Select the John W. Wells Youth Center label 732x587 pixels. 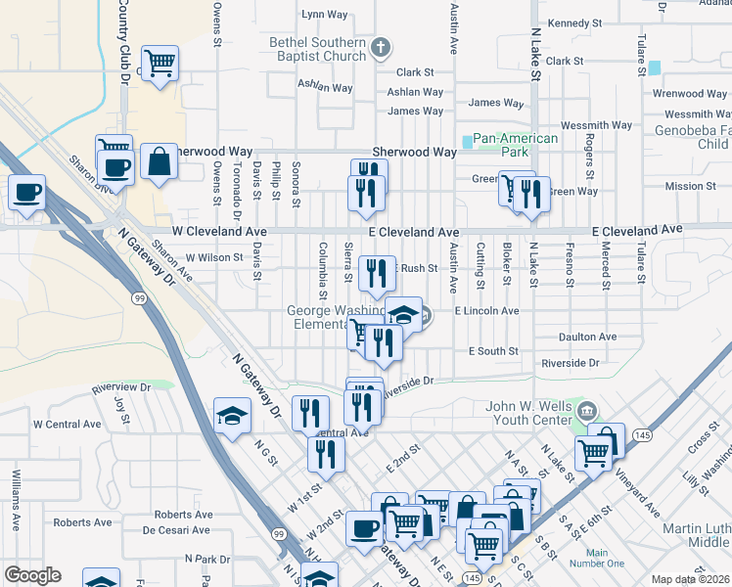coord(528,414)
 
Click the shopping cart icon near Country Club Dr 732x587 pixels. coord(159,64)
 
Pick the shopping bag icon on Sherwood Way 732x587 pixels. coord(159,161)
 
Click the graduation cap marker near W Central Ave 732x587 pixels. coord(232,418)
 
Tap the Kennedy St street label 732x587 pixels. coord(574,23)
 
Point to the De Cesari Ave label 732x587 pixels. coord(176,530)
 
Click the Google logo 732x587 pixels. coord(32,575)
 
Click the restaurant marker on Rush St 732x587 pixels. coord(377,273)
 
